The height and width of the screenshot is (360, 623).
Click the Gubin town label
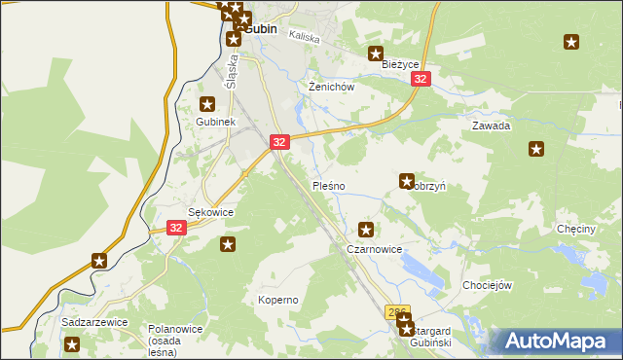tap(261, 29)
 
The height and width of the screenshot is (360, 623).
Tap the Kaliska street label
tap(305, 35)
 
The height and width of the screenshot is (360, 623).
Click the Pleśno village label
tap(327, 185)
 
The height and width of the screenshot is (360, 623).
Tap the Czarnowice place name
tap(375, 249)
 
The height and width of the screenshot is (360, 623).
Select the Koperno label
tap(277, 300)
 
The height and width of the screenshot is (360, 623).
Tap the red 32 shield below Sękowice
tap(175, 228)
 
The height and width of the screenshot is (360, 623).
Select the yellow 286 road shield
tap(396, 312)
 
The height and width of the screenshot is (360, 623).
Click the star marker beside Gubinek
tap(207, 103)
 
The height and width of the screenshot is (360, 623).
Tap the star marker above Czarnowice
tap(366, 231)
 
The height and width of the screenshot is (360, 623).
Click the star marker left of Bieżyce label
tap(375, 54)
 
